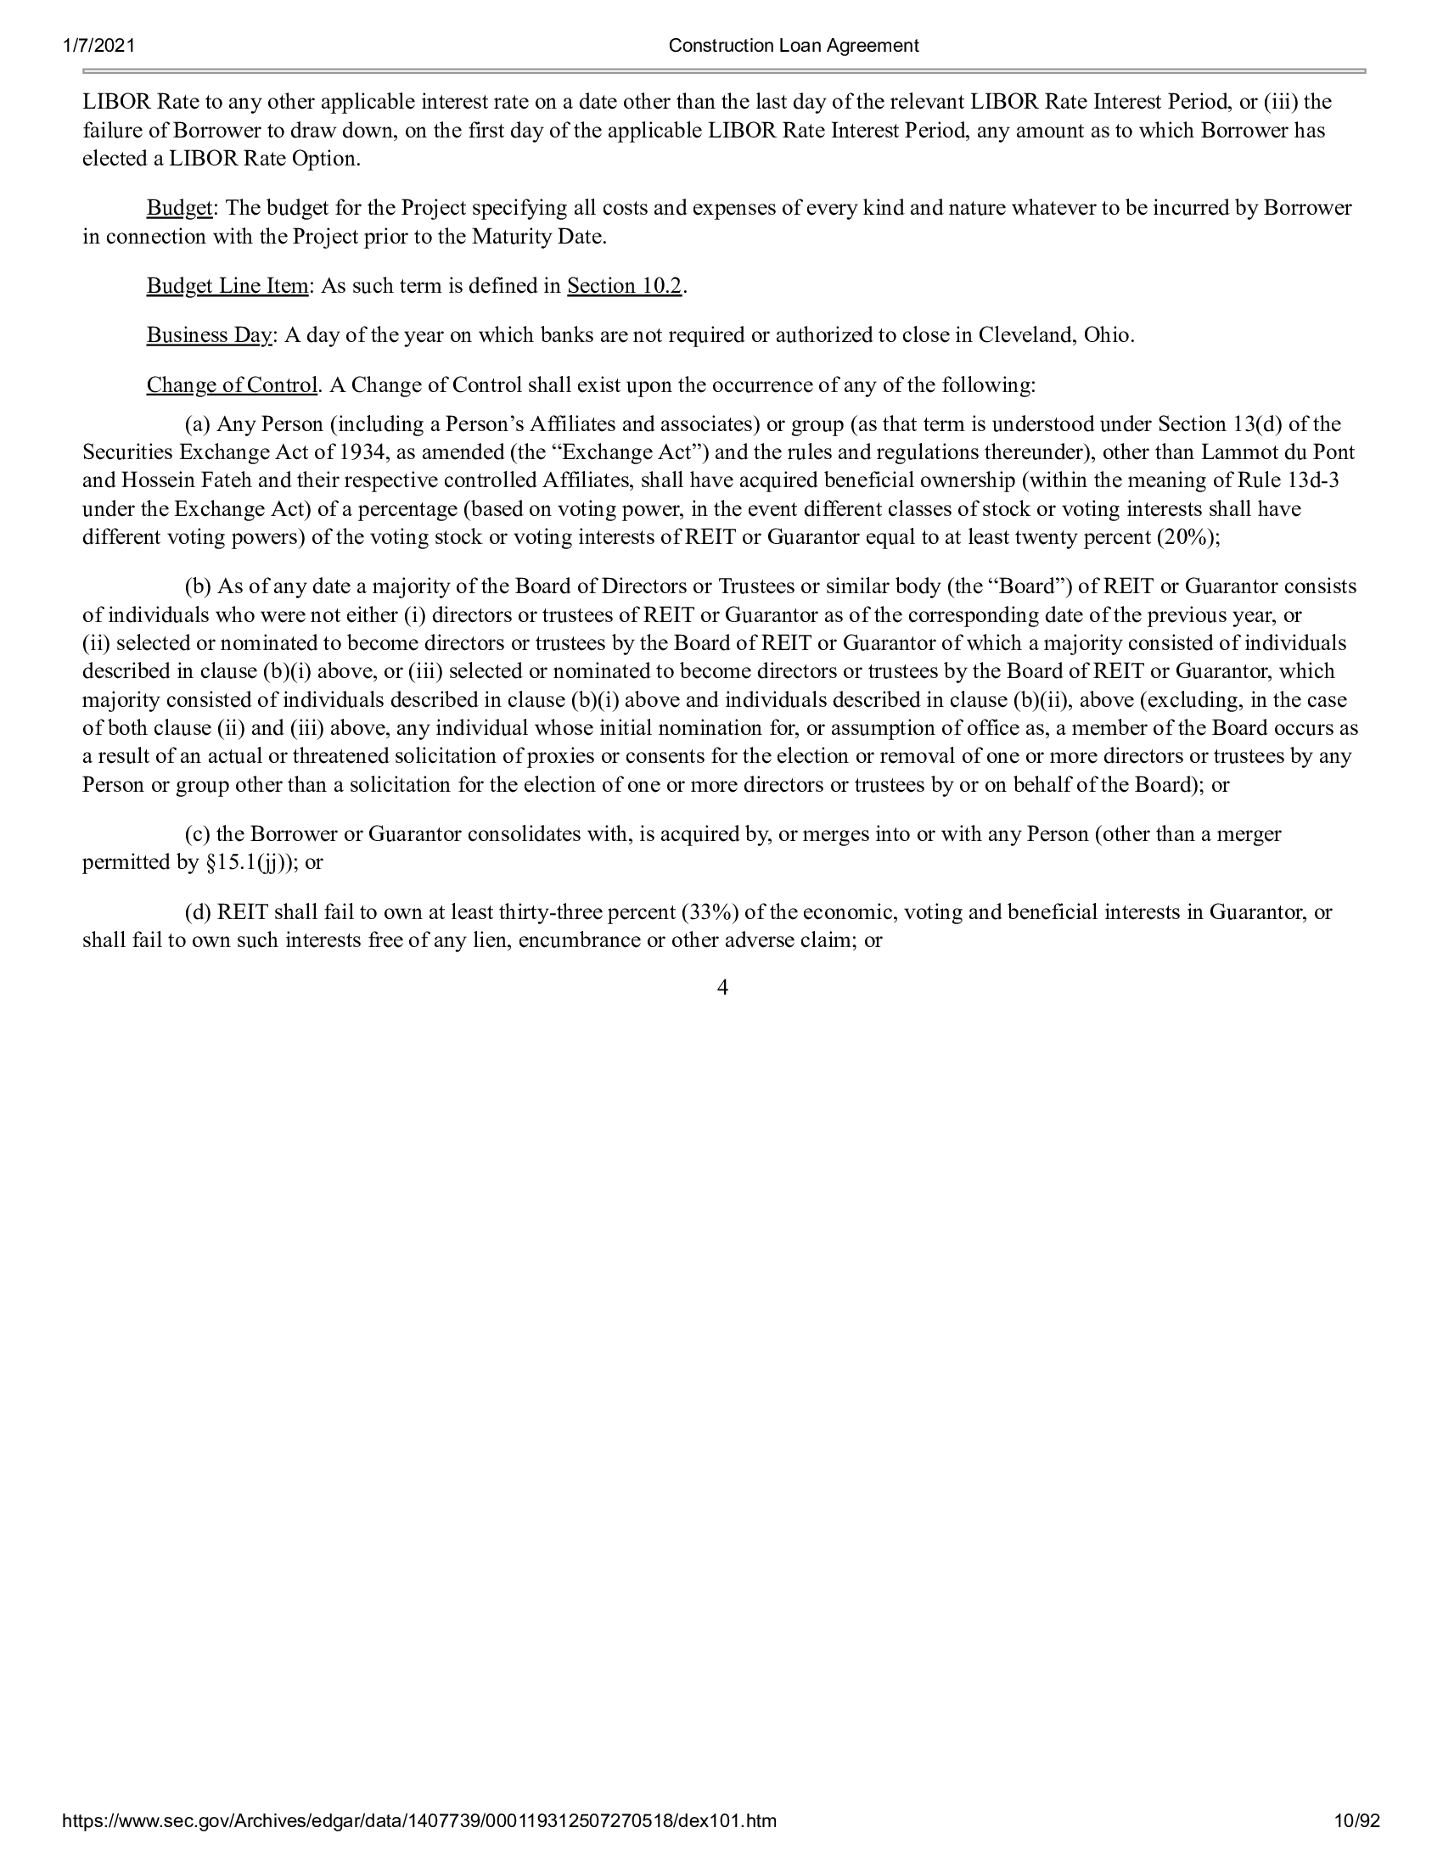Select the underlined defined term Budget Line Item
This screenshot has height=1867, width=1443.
(x=227, y=285)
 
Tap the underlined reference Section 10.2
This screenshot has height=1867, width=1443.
(x=624, y=285)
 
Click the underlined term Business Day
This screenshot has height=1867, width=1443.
(x=209, y=335)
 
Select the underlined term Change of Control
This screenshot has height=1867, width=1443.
(x=232, y=384)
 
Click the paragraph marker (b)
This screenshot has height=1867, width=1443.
(x=199, y=586)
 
